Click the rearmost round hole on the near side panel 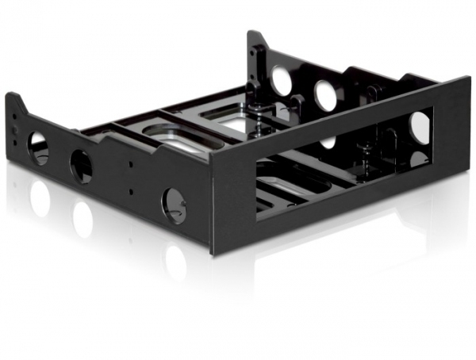coord(38,147)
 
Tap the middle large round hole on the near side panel coord(81,166)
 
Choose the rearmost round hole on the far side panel coord(282,79)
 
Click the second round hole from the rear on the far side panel coord(325,95)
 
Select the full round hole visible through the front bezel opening coord(420,127)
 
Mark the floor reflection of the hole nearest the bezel coord(175,262)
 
